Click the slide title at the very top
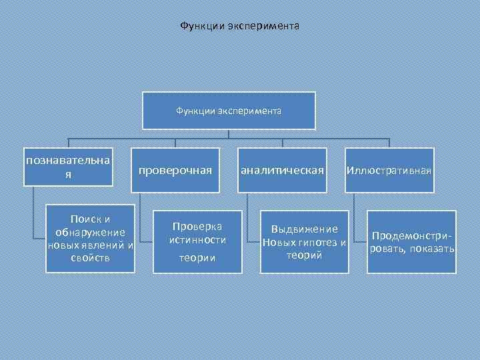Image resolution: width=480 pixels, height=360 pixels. coord(240,26)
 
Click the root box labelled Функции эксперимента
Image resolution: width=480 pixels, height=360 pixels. coord(229,111)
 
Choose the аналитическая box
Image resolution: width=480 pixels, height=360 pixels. coord(282,171)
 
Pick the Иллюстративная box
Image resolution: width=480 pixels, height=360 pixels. coord(389,171)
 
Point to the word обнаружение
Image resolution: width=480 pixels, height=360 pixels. coord(90,232)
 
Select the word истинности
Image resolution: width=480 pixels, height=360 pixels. coord(197,239)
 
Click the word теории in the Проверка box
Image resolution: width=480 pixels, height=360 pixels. coord(197,258)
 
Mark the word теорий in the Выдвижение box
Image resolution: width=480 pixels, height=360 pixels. coord(305,255)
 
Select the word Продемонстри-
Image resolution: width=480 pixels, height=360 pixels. coord(411,236)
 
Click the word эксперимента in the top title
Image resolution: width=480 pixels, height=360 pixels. coord(264,26)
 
